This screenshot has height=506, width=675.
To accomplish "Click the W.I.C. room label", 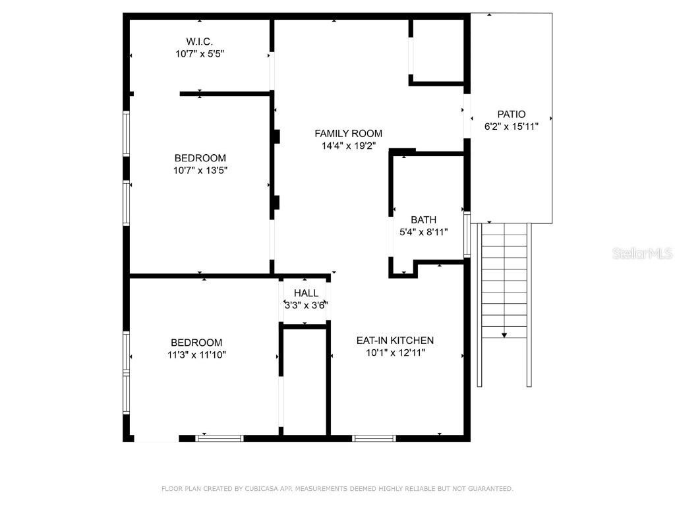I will click(x=199, y=42).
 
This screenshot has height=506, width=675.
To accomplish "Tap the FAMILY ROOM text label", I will click(x=348, y=133).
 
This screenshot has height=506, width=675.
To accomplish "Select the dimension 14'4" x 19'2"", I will click(x=348, y=146).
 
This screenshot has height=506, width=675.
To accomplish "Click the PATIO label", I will click(x=512, y=114).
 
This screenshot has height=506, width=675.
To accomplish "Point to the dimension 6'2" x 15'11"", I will click(x=512, y=126).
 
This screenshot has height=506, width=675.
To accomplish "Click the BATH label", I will click(x=423, y=219).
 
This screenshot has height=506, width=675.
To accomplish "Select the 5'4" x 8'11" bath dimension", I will click(x=423, y=232).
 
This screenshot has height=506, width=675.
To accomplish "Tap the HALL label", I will click(x=306, y=293).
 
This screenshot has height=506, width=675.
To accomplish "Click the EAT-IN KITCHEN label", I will click(x=395, y=340).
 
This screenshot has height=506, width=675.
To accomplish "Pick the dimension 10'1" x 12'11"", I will click(x=395, y=352).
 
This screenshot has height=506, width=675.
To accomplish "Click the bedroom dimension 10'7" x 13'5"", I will click(x=200, y=170).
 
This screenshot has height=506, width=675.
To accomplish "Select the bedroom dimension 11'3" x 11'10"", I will click(x=196, y=354).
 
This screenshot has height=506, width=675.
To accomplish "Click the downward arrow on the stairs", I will click(x=504, y=335).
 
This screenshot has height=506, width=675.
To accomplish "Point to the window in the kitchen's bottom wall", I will click(x=374, y=437).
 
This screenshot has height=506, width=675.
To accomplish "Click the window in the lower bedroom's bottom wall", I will click(x=220, y=437).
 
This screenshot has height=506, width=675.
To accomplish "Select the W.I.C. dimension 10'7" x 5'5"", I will click(x=199, y=54).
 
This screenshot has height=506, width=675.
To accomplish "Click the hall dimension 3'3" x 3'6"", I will click(x=306, y=305).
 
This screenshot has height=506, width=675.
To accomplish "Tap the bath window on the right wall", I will click(x=467, y=235).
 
